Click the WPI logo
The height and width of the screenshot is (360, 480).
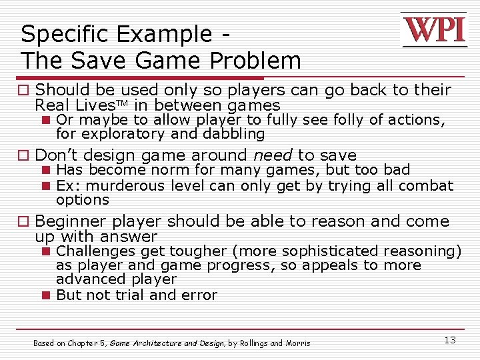[x=433, y=30]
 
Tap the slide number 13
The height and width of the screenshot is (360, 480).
[x=450, y=340]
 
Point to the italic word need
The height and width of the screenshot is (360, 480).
[x=273, y=155]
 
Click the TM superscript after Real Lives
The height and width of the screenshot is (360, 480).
[x=125, y=103]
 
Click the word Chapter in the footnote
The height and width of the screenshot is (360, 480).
[x=82, y=343]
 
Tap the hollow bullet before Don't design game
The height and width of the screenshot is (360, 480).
[x=25, y=155]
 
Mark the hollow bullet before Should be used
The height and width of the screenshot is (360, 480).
[x=25, y=90]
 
